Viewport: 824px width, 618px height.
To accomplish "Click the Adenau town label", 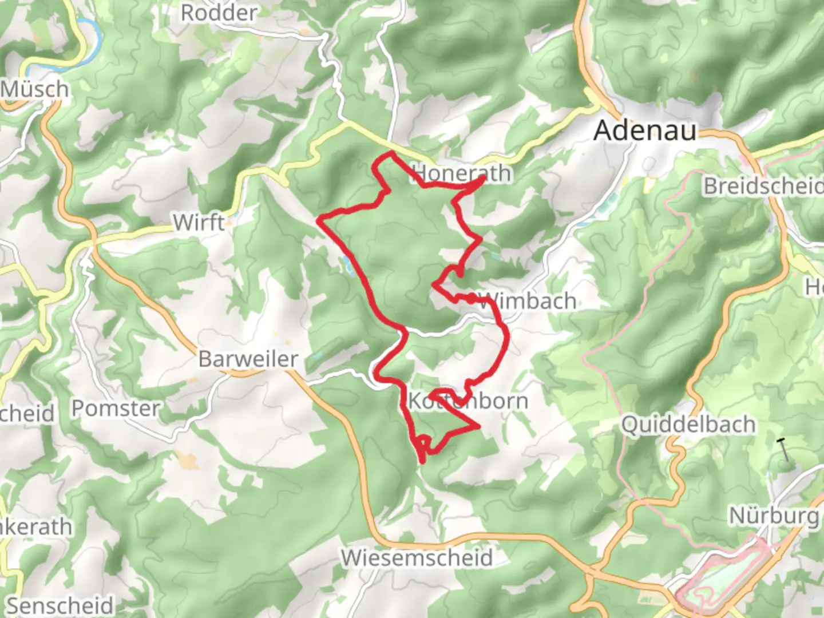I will tap(645, 130).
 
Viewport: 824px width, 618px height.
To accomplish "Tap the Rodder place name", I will tap(219, 13).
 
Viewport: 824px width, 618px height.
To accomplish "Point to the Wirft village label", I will tap(199, 223).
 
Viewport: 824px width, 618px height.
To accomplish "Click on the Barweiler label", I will tap(248, 359).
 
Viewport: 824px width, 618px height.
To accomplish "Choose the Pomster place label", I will tap(116, 409).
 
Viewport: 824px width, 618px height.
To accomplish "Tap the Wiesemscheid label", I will tap(417, 557).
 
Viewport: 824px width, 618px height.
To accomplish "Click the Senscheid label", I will tap(60, 605).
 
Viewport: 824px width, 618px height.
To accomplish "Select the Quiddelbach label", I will tap(688, 425).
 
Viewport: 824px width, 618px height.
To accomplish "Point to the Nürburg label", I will tap(774, 516).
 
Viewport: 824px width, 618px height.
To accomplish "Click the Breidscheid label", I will tap(763, 186).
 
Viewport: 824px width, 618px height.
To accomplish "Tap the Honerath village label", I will tap(461, 173).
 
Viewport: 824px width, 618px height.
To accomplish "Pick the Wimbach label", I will tap(528, 301).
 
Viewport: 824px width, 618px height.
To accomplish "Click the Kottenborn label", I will tap(468, 401).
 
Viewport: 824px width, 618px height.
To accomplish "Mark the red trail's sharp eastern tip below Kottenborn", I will tap(477, 426).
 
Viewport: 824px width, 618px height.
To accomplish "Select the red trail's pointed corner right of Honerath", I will tap(485, 178).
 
